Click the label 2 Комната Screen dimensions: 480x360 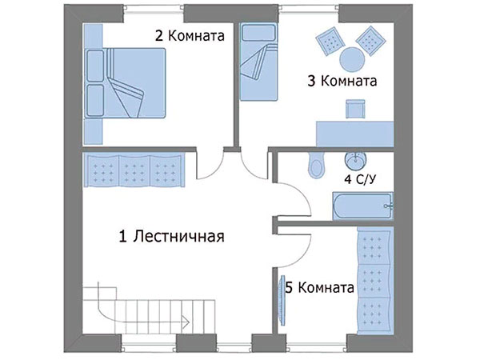click(190, 36)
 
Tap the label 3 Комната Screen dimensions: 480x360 click(342, 81)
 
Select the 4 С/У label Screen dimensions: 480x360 click(360, 179)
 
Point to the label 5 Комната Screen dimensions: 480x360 click(319, 287)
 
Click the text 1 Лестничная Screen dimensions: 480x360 click(171, 236)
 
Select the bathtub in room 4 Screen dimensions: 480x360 click(362, 206)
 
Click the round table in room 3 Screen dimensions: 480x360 click(352, 59)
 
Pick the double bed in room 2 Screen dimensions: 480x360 click(125, 83)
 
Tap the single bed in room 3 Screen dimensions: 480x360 click(258, 62)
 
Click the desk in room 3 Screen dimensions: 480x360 click(354, 134)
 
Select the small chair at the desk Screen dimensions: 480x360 click(355, 109)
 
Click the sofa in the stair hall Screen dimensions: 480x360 click(134, 170)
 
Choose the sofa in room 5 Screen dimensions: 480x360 click(375, 281)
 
